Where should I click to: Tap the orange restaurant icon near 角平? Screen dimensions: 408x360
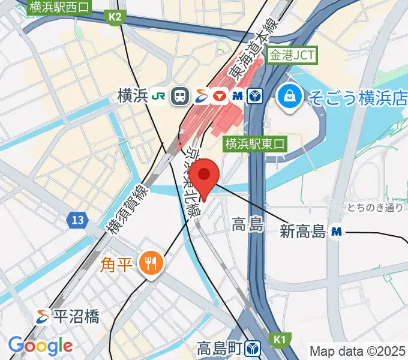coord(148,262)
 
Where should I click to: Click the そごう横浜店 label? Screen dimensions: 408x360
coord(358,95)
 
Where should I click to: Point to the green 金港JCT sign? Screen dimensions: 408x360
coord(292,56)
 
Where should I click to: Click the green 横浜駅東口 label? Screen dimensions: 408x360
coord(256,143)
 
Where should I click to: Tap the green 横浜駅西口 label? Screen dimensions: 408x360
coord(60,7)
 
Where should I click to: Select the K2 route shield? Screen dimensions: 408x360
coord(116,17)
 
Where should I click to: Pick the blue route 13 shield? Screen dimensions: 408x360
coord(76,221)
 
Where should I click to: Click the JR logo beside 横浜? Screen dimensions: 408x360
coord(160,95)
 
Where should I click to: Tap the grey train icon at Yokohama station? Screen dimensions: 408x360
coord(179,95)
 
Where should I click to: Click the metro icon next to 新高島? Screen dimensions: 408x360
coord(337,231)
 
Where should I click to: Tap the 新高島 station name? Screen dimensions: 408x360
coord(302,231)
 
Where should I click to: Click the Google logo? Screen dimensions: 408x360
coord(40,346)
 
